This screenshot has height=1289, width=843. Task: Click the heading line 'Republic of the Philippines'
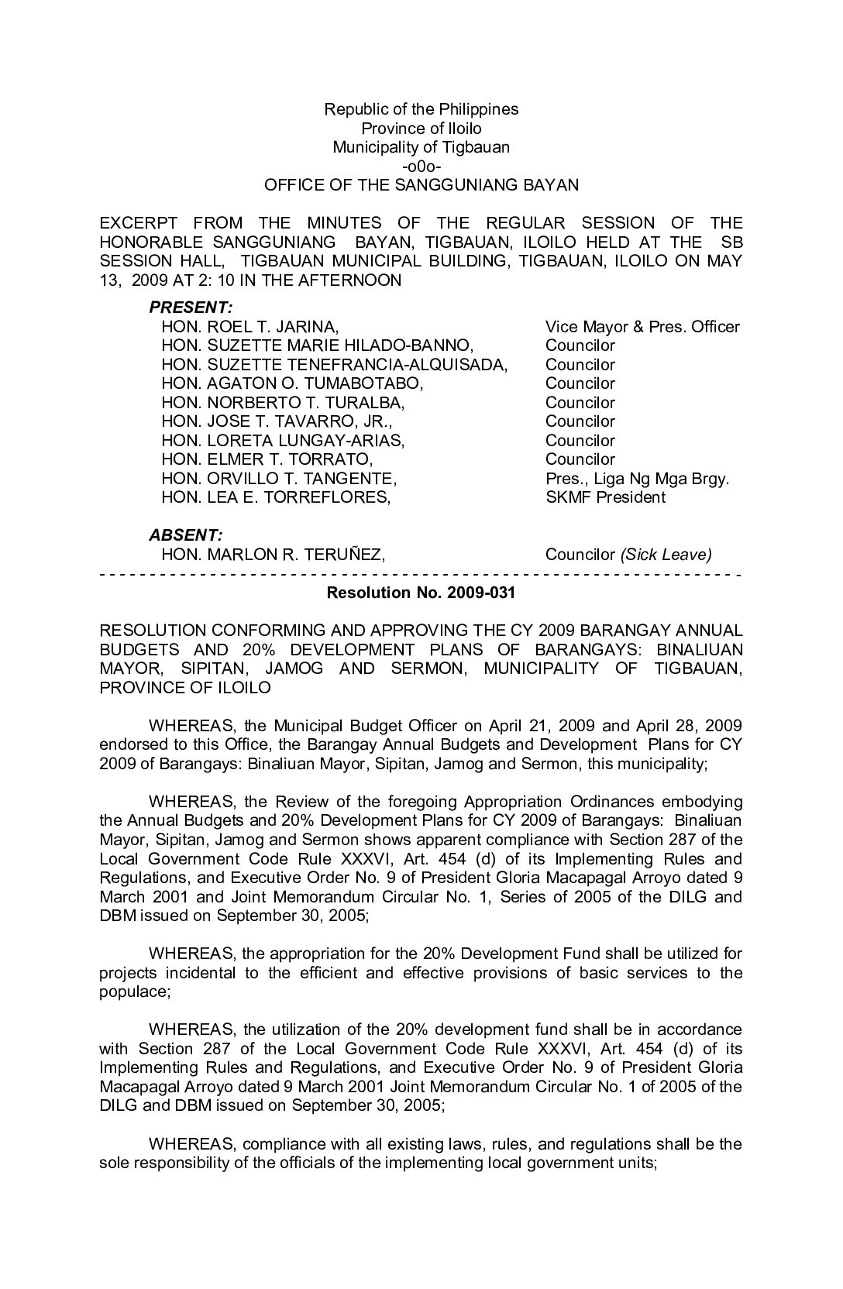coord(421,109)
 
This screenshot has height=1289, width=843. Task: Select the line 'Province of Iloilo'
coord(421,129)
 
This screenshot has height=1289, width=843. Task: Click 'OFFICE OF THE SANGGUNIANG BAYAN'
coord(421,185)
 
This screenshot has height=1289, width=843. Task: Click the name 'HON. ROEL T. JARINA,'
coord(249,327)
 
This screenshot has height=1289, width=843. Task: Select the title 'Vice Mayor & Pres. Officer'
coord(642,327)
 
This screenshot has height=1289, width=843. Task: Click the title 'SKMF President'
coord(605,497)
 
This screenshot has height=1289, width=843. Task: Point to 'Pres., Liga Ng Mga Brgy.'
coord(637,479)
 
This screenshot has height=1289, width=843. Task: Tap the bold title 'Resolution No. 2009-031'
coord(421,593)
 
